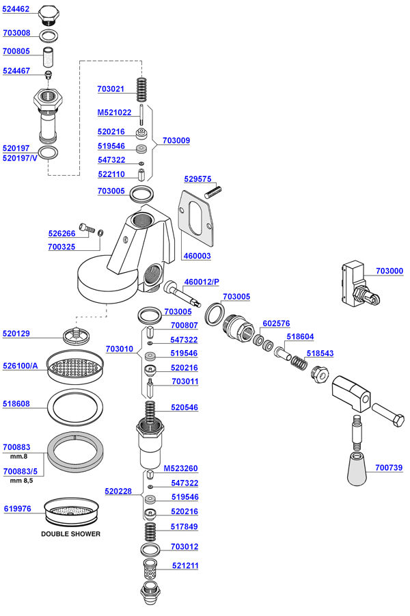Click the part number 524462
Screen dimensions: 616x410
click(x=16, y=10)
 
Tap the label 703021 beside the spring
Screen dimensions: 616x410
click(x=111, y=90)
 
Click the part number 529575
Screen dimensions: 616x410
click(x=197, y=178)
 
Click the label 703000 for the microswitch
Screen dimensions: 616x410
click(x=389, y=271)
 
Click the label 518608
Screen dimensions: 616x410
click(x=16, y=404)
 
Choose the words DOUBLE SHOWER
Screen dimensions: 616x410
click(x=70, y=533)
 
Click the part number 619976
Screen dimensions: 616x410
click(x=16, y=509)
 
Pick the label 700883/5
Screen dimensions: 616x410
click(x=20, y=471)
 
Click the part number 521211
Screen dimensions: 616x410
click(x=184, y=565)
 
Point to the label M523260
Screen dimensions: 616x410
click(x=180, y=469)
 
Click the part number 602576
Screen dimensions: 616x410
click(x=276, y=324)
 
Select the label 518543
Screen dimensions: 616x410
click(x=320, y=353)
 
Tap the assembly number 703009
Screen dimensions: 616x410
click(x=176, y=140)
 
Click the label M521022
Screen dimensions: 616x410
click(x=114, y=113)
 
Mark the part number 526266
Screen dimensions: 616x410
click(x=61, y=232)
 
